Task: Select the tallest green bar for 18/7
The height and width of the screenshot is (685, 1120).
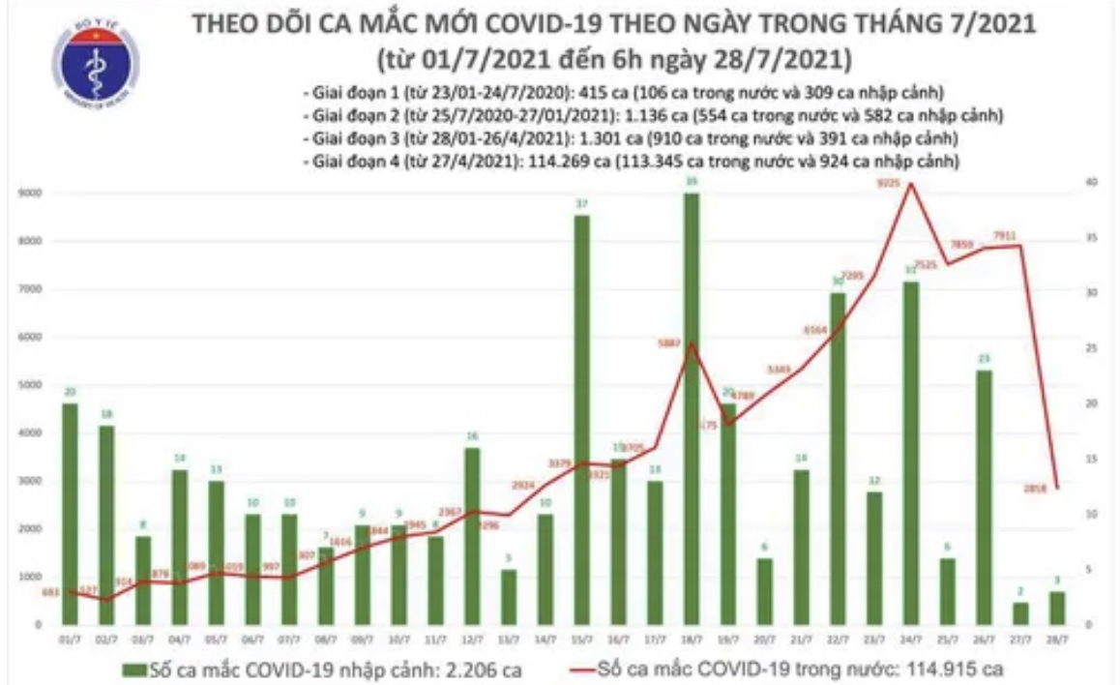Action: point(691,406)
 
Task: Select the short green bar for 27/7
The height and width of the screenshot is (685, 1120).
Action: point(1019,613)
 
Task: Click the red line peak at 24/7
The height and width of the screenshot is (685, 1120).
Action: point(909,184)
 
